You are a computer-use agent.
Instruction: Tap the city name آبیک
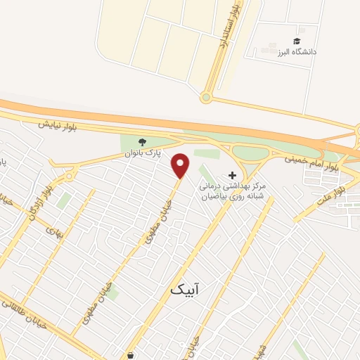click(x=185, y=289)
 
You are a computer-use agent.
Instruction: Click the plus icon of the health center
click(x=233, y=174)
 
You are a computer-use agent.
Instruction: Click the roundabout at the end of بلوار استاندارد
click(x=207, y=98)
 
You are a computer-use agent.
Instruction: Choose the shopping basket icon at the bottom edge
click(x=130, y=355)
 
